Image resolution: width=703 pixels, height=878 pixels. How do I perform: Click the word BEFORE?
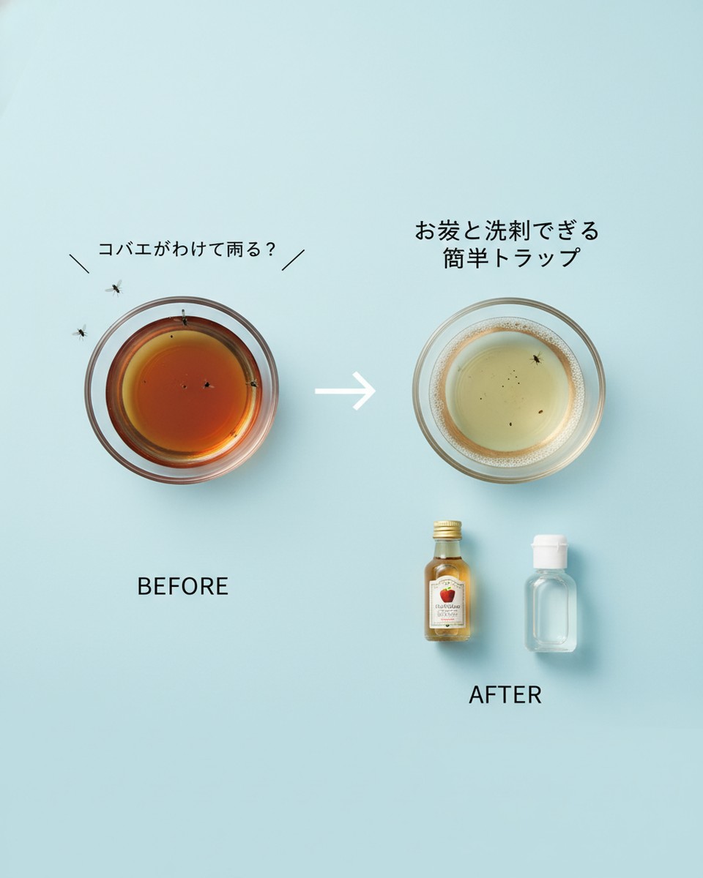pos(182,586)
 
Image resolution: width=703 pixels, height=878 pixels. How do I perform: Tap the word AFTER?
pos(505,694)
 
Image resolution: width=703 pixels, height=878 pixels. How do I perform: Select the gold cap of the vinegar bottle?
pos(447,529)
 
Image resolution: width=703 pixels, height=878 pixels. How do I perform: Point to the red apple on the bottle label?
pos(447,594)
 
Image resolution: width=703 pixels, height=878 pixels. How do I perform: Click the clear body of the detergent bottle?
pos(550,611)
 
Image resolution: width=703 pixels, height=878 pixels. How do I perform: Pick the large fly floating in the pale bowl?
pos(537,358)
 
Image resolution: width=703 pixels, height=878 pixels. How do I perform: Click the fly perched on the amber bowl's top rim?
pos(183,318)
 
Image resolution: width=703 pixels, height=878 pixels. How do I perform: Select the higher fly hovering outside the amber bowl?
pos(114,288)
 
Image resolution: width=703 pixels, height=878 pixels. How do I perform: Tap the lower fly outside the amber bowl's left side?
pos(80,332)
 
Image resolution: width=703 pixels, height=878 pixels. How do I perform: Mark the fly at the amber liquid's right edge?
pos(252,383)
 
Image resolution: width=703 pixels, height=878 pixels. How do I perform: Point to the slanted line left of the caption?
pos(79,263)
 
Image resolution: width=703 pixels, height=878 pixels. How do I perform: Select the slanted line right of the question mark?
pos(293,260)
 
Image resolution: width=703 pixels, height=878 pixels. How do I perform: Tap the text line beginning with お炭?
pos(507,231)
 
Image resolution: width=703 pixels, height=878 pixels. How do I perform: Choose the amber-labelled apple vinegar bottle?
pos(447,585)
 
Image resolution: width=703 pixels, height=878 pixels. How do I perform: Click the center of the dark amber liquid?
pos(183,388)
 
